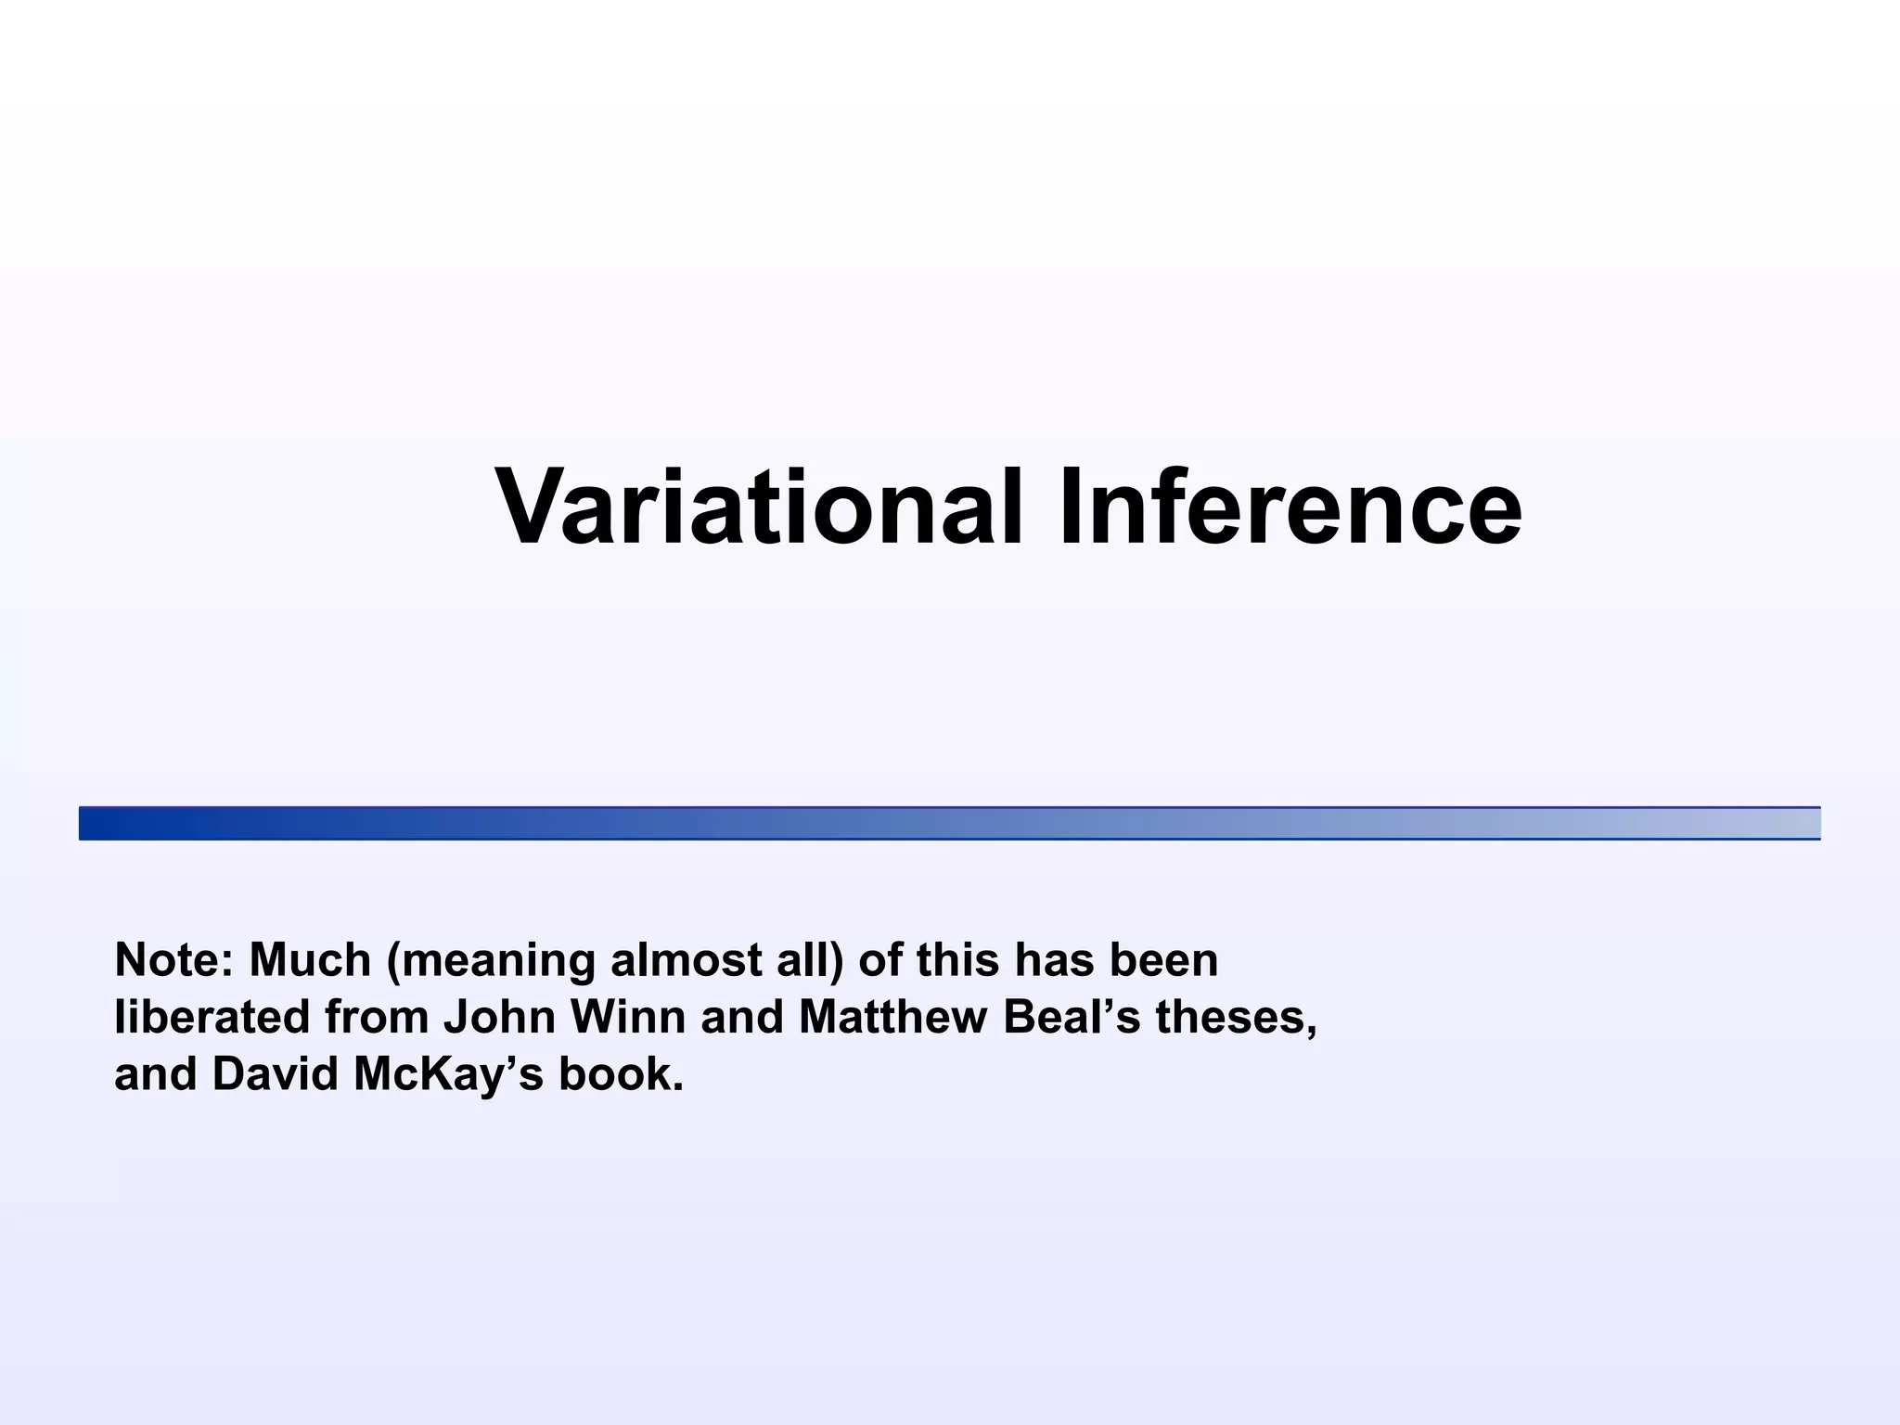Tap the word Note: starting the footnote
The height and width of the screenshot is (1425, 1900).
[173, 960]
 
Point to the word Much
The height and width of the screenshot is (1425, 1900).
[311, 960]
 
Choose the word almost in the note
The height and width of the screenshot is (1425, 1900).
[682, 960]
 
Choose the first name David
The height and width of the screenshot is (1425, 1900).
[275, 1074]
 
